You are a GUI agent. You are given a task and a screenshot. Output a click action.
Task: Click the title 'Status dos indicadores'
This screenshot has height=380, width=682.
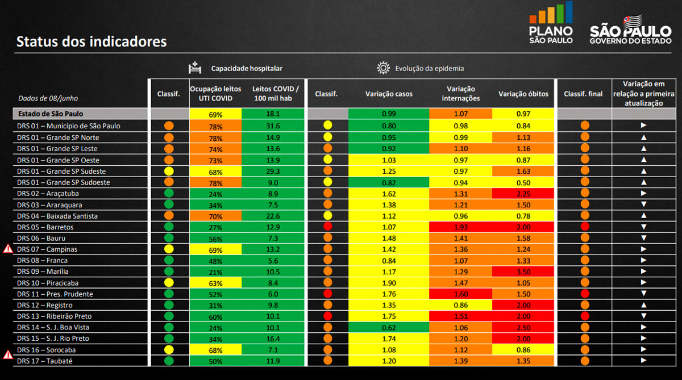(x=92, y=41)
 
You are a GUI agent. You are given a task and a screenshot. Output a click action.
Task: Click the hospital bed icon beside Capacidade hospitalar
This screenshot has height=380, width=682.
(x=195, y=68)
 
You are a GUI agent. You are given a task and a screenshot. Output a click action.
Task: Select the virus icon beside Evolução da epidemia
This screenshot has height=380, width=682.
(x=383, y=68)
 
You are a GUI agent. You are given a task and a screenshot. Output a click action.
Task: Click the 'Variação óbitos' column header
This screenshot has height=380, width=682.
(x=523, y=94)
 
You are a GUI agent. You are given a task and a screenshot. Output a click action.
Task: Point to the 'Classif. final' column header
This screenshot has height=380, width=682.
(x=583, y=94)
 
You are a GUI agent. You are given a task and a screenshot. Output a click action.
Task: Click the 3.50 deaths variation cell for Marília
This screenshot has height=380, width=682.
(x=523, y=272)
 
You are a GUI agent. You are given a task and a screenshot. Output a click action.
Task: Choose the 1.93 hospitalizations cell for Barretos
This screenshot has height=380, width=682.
(x=460, y=227)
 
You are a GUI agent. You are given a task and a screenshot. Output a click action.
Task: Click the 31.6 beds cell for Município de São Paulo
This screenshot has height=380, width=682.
(x=273, y=126)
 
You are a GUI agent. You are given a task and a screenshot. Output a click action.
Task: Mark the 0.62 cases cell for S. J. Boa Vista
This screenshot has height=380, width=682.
(x=389, y=327)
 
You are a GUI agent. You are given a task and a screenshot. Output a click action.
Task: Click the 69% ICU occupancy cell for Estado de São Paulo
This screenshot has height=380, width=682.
(x=215, y=114)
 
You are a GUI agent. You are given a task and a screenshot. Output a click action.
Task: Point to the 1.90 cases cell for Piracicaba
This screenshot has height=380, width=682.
(x=389, y=283)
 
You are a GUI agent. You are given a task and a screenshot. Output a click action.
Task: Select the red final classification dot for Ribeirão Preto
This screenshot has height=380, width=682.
(x=585, y=316)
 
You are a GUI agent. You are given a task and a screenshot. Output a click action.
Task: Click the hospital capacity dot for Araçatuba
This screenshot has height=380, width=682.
(x=168, y=194)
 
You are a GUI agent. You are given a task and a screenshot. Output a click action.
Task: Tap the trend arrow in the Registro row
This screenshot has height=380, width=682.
(x=643, y=305)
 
